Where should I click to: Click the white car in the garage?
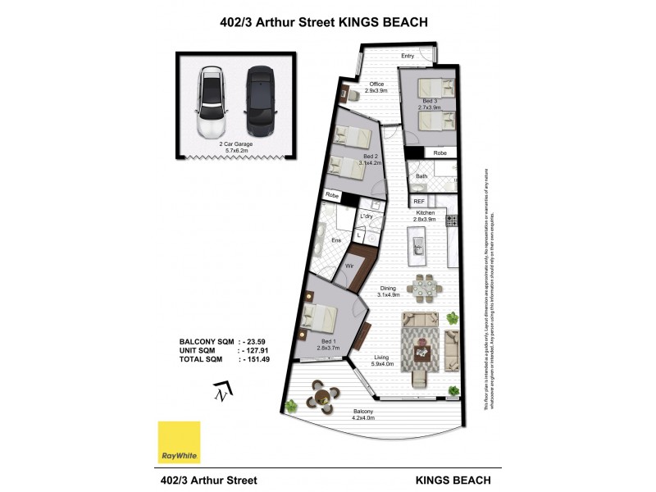[212, 103]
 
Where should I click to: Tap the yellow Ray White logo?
[179, 443]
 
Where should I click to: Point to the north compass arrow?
[221, 392]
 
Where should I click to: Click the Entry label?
[407, 56]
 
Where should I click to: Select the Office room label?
[376, 84]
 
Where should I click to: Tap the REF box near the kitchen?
[419, 201]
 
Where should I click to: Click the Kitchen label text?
[424, 212]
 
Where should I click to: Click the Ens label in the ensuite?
[335, 240]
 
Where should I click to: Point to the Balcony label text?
[363, 411]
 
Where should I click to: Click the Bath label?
[421, 176]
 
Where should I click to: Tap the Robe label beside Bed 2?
[332, 195]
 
